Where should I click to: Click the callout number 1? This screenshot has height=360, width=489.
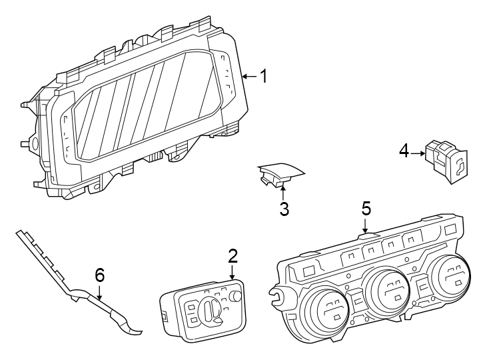click(264, 77)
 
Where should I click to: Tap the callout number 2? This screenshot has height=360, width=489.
click(233, 256)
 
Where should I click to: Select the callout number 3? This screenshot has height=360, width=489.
click(284, 209)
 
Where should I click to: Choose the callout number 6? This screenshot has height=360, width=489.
click(100, 274)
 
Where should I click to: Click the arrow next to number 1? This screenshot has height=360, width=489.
click(248, 77)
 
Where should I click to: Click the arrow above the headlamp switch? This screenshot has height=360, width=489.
click(233, 272)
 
